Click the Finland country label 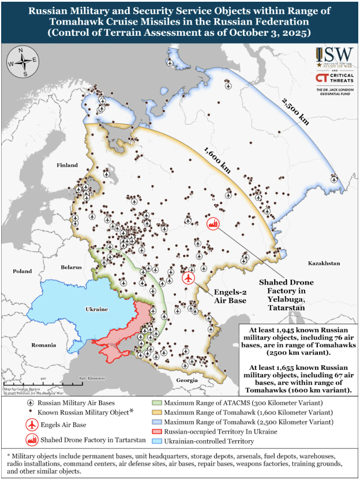(67, 166)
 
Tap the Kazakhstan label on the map (323, 262)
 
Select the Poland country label (22, 271)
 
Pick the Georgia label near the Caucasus (187, 381)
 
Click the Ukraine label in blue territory (96, 309)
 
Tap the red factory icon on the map (214, 224)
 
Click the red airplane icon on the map (188, 278)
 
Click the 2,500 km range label (295, 111)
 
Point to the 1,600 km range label (216, 160)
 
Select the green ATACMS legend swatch (156, 402)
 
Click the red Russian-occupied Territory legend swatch (156, 432)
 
